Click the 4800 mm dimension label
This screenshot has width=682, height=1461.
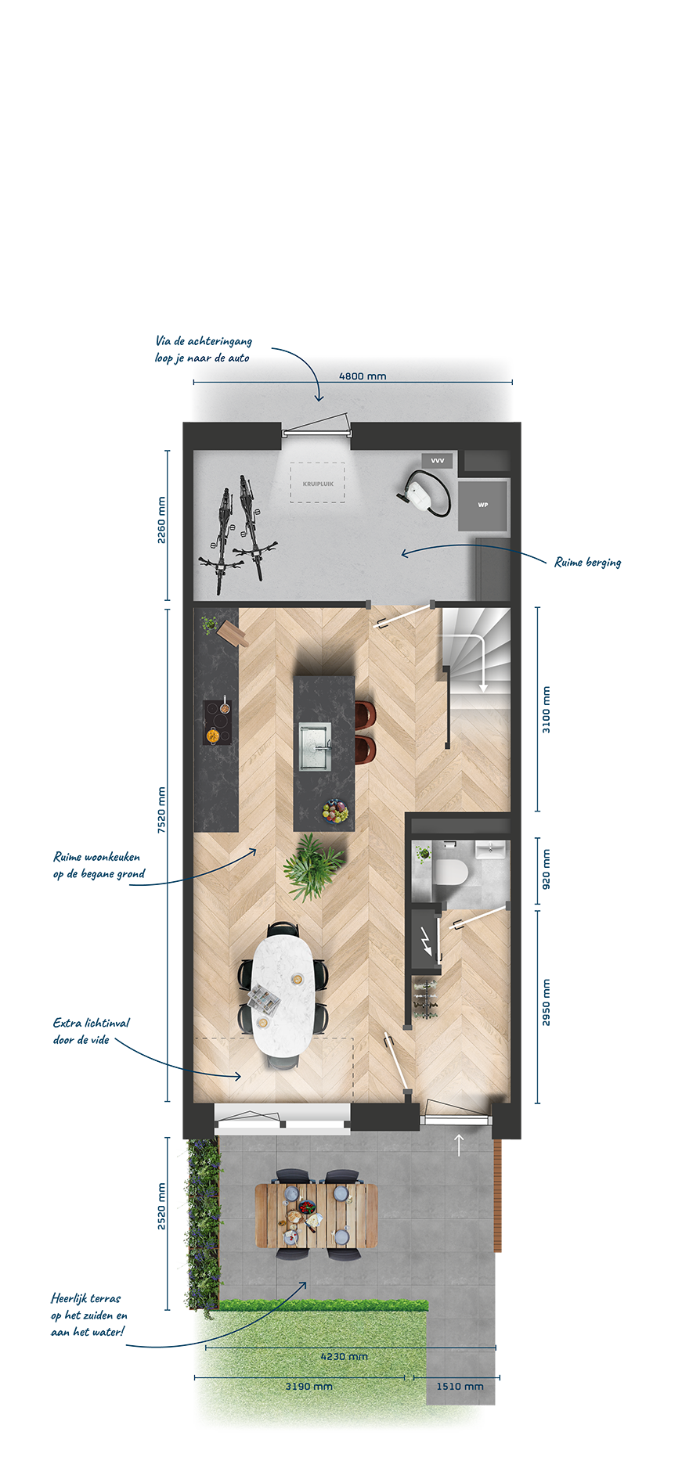point(363,376)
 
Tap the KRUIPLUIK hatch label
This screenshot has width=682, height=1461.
point(318,484)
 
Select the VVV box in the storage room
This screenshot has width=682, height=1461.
point(437,461)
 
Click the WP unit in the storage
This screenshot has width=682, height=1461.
point(483,505)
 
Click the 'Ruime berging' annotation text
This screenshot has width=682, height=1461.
point(587,562)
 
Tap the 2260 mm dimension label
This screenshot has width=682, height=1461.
point(161,520)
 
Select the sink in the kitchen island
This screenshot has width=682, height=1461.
point(315,747)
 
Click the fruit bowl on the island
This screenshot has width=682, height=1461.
point(335,810)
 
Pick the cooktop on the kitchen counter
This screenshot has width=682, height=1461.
point(218,722)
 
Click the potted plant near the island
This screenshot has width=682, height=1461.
point(313,866)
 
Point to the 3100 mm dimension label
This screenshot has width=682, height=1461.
point(547,710)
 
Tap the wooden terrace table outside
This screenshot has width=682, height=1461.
point(316,1215)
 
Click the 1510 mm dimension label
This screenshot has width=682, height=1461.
point(460,1386)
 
